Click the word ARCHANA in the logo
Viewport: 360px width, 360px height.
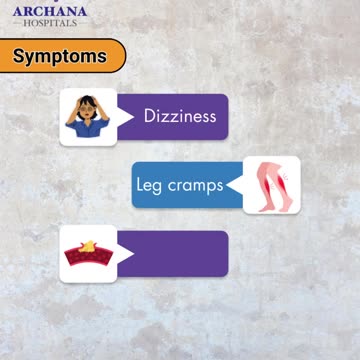[x=49, y=11]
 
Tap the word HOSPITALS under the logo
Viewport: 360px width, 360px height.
[x=49, y=23]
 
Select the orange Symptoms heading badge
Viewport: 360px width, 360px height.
[x=61, y=56]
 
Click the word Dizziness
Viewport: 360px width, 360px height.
[x=180, y=116]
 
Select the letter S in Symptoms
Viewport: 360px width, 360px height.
[x=20, y=56]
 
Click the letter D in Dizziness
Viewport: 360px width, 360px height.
[x=149, y=116]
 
